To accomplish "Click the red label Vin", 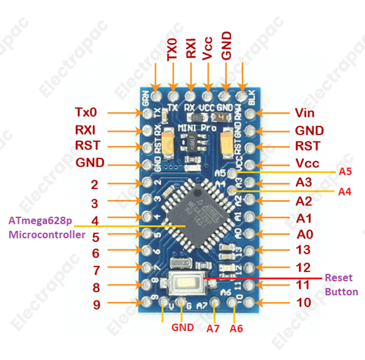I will click(x=305, y=113).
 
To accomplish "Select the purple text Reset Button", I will click(x=341, y=285).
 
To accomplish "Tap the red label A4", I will click(x=345, y=192).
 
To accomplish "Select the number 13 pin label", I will click(x=303, y=250).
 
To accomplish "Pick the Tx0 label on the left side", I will click(x=86, y=112).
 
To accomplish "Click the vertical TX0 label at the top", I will click(x=173, y=49).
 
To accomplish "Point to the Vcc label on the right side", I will click(x=307, y=163).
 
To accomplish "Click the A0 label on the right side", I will click(x=304, y=234).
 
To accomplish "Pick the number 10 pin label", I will click(x=303, y=302).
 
